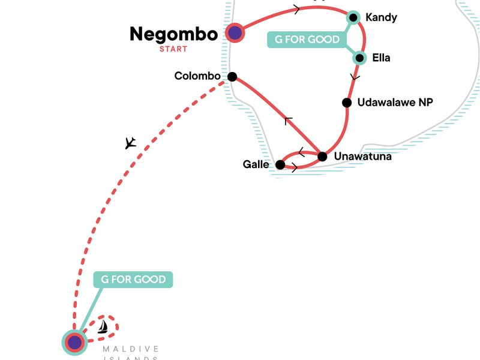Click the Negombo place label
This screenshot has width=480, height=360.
173,34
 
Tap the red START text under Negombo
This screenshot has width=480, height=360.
173,49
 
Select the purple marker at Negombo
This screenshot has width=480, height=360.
235,32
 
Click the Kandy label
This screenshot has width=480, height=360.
381,17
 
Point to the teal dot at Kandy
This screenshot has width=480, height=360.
354,18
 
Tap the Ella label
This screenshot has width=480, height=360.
381,58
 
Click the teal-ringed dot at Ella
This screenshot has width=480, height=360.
359,58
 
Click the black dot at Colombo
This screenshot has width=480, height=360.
232,77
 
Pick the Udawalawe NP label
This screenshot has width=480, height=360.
395,103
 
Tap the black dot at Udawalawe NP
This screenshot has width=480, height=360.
347,103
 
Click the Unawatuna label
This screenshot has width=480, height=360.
362,157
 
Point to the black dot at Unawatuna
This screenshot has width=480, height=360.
322,157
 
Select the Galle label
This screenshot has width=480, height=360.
256,164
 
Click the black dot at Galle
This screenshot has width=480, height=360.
280,164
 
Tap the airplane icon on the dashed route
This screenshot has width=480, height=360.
130,143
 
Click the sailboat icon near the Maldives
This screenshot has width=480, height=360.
103,326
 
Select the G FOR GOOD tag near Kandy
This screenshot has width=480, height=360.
307,40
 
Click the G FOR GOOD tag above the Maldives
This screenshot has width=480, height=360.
133,280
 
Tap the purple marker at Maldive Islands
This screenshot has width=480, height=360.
74,343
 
